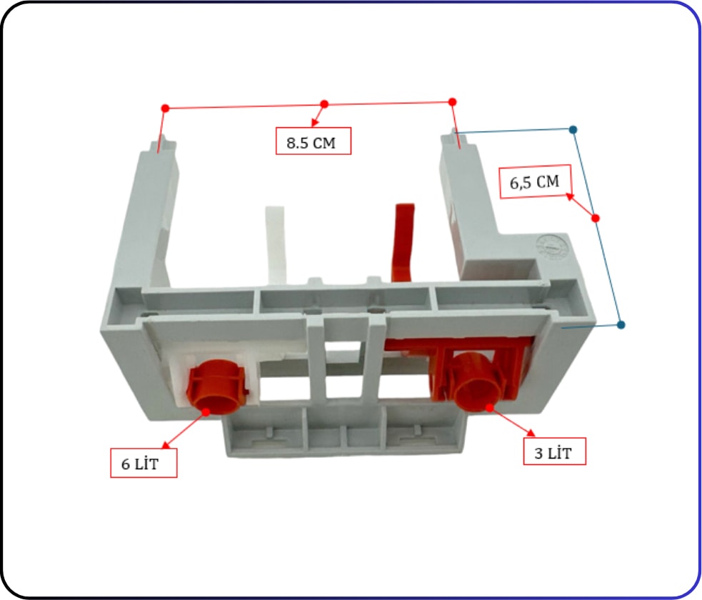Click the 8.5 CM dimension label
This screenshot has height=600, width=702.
pyautogui.click(x=314, y=141)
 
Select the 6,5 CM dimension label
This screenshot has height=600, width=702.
pyautogui.click(x=535, y=181)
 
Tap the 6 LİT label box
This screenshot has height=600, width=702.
pyautogui.click(x=144, y=463)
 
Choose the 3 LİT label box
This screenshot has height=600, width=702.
pyautogui.click(x=555, y=451)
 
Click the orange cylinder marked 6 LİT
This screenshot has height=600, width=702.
pyautogui.click(x=216, y=386)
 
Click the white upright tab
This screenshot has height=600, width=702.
pyautogui.click(x=276, y=244)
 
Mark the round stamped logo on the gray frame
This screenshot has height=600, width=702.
pyautogui.click(x=551, y=247)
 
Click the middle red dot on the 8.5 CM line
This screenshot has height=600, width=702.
pyautogui.click(x=325, y=104)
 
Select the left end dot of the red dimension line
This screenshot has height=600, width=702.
pyautogui.click(x=165, y=109)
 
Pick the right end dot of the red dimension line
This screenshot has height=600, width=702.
pyautogui.click(x=452, y=102)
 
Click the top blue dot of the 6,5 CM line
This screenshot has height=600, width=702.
pyautogui.click(x=573, y=130)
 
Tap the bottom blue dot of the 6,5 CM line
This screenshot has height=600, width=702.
pyautogui.click(x=621, y=324)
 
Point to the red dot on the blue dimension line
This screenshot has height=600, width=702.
pyautogui.click(x=596, y=218)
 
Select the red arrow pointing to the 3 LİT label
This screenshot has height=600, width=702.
pyautogui.click(x=512, y=421)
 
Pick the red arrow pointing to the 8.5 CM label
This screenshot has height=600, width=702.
pyautogui.click(x=319, y=115)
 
